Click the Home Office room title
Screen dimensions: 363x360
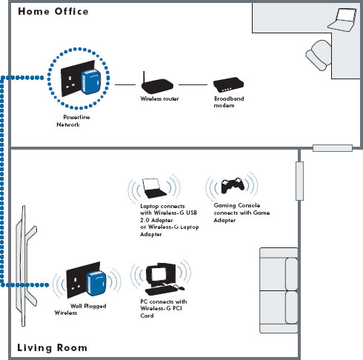(53, 11)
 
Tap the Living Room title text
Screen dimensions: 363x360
(52, 347)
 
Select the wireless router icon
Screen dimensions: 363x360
(157, 83)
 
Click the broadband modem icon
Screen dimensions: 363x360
(228, 84)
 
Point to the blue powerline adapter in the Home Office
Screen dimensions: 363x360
(91, 81)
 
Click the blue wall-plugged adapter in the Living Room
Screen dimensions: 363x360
(96, 283)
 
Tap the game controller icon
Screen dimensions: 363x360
(233, 185)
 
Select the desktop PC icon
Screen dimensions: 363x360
(164, 279)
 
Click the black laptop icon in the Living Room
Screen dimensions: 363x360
(154, 188)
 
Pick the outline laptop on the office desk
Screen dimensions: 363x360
(342, 20)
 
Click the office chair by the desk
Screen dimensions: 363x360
(319, 56)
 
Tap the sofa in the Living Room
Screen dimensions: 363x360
(279, 290)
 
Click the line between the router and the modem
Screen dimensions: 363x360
(193, 84)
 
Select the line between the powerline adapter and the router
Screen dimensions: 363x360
(125, 84)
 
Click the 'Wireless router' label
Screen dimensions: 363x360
(159, 99)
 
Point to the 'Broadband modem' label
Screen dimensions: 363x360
(229, 102)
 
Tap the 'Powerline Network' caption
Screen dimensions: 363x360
(73, 121)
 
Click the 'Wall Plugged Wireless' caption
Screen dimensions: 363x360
(80, 310)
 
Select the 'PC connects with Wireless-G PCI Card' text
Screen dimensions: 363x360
(164, 308)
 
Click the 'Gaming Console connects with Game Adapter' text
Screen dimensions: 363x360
(242, 213)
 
